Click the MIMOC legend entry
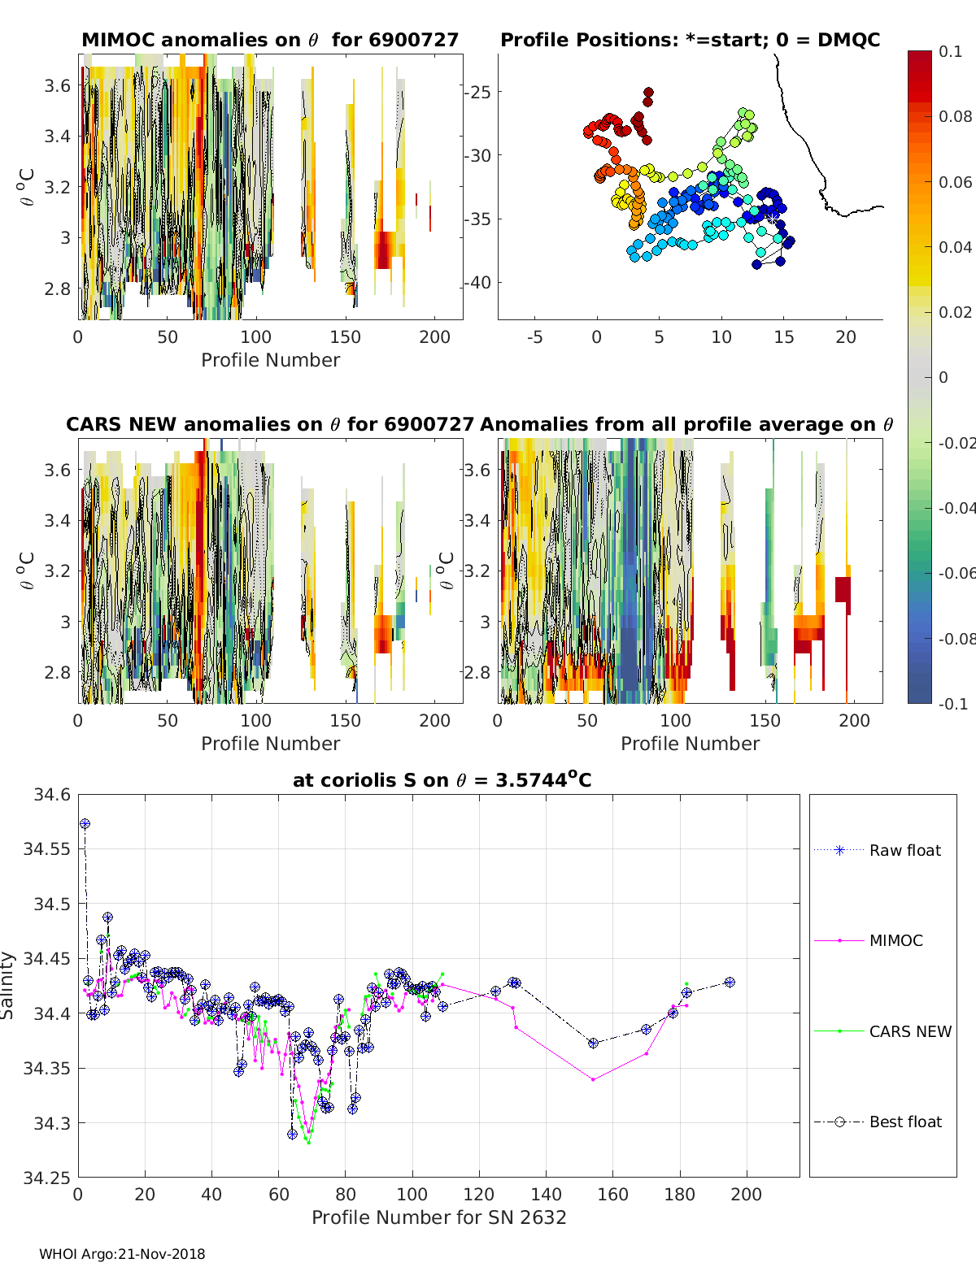(x=895, y=940)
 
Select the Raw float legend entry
(x=904, y=850)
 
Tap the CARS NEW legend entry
(x=909, y=1031)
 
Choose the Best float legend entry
(x=904, y=1122)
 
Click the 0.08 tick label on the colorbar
(x=955, y=116)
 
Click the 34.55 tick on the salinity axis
(x=46, y=849)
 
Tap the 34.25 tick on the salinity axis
(x=46, y=1178)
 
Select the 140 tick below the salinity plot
(x=546, y=1195)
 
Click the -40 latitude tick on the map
(x=477, y=283)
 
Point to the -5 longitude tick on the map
(x=534, y=337)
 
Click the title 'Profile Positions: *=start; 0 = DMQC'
(x=690, y=40)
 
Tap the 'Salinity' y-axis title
(x=8, y=985)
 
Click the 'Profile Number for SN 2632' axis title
(x=438, y=1217)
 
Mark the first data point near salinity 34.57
(x=85, y=824)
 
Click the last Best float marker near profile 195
(x=730, y=983)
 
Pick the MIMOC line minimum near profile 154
(x=593, y=1079)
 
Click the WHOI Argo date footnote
(x=122, y=1254)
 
